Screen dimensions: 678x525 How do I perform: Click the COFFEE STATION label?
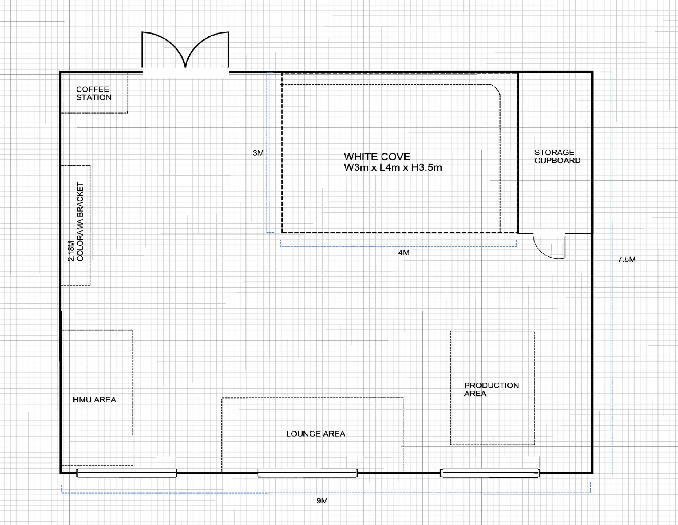coord(94,93)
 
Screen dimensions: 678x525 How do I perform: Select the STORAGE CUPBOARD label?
coord(557,156)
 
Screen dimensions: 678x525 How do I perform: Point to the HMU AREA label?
coord(94,400)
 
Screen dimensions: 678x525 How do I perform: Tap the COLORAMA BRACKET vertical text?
coord(80,222)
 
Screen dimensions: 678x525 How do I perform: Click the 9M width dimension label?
coord(322,501)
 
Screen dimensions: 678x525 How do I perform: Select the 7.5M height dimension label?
coord(626,259)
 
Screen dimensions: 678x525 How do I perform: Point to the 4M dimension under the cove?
coord(404,253)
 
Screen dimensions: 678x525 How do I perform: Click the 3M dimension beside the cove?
coord(258,153)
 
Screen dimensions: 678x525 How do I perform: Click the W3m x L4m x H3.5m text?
coord(393,167)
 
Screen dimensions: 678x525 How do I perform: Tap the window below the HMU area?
coord(127,473)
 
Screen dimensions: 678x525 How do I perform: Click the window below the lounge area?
coord(308,473)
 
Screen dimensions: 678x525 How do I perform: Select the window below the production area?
coord(490,473)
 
